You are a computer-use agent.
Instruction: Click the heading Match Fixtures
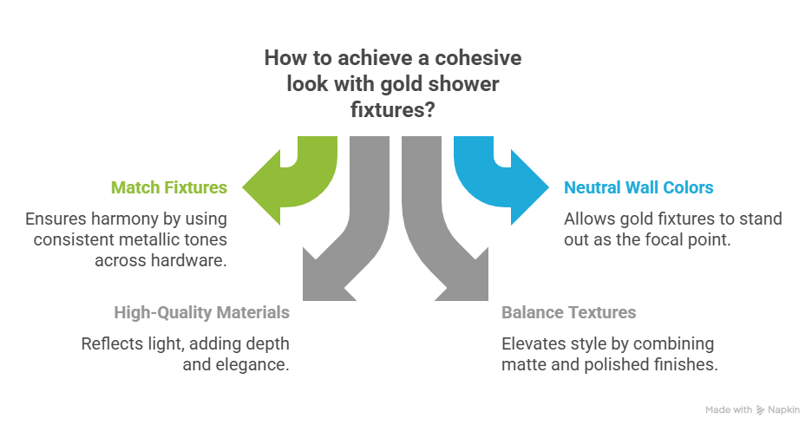169,187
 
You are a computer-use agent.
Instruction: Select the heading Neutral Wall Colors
639,187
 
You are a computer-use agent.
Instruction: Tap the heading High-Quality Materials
201,311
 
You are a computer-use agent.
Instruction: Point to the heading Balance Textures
569,311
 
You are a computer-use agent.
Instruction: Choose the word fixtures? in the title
400,111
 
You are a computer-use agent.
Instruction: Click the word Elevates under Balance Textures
531,343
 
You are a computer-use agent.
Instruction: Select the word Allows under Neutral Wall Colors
586,219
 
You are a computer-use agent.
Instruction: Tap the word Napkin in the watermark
784,409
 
